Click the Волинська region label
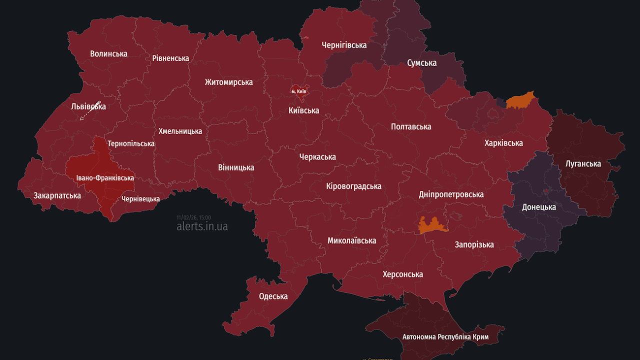[x=108, y=54]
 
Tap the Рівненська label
[x=170, y=58]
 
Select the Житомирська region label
[x=228, y=82]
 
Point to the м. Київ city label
[x=298, y=92]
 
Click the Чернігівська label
[x=344, y=45]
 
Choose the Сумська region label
[x=421, y=63]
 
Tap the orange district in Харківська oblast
[x=520, y=100]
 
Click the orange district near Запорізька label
[x=433, y=226]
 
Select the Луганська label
[x=583, y=164]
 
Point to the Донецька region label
[x=539, y=207]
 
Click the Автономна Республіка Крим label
[x=445, y=337]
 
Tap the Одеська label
[x=273, y=296]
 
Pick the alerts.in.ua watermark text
[x=202, y=226]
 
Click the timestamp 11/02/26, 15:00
[x=193, y=217]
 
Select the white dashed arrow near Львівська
[x=90, y=111]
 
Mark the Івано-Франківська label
[x=105, y=178]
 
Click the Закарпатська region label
[x=57, y=195]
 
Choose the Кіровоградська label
[x=353, y=186]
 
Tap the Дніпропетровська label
[x=451, y=194]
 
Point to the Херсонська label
[x=402, y=274]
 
